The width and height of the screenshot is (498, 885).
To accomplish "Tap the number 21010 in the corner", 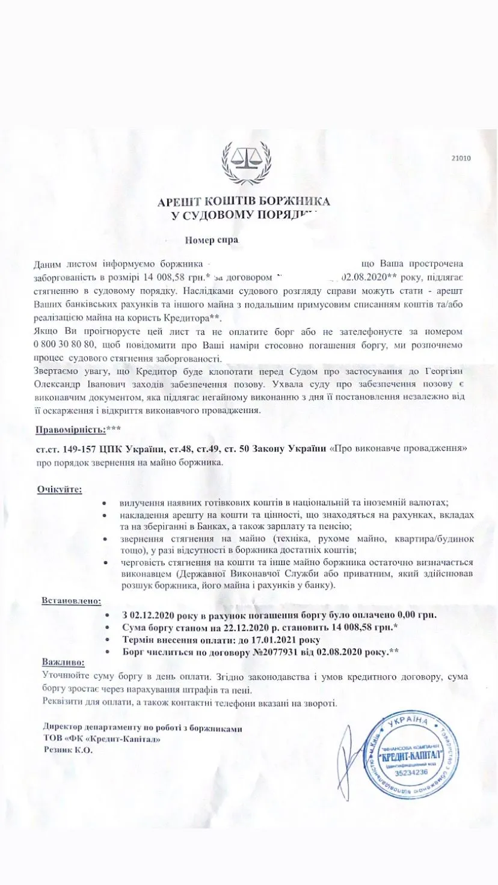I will [x=461, y=159].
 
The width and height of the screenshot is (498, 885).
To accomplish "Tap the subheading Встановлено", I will [x=72, y=601].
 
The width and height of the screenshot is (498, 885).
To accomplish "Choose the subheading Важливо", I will [x=63, y=662].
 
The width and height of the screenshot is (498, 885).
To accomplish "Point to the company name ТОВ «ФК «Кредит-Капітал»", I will [x=102, y=739].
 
